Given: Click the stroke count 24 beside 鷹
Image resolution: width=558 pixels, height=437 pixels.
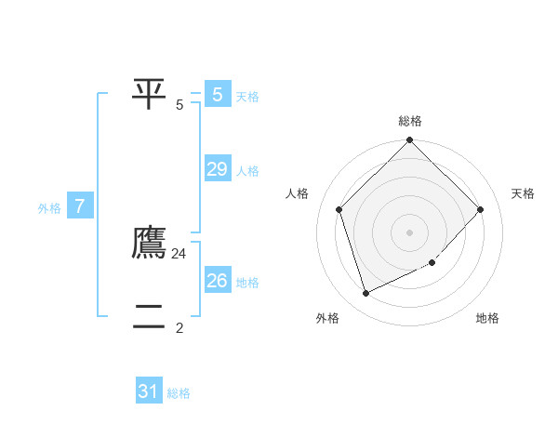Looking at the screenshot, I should click(179, 253).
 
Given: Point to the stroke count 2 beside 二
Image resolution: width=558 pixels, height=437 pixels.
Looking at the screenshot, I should click(179, 327).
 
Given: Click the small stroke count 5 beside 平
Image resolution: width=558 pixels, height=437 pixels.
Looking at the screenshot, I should click(179, 104).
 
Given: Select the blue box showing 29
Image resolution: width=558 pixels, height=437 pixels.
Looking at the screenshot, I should click(218, 169).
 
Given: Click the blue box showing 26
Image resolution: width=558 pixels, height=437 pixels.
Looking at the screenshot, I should click(218, 281).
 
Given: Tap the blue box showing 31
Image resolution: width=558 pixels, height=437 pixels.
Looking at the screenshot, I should click(149, 391).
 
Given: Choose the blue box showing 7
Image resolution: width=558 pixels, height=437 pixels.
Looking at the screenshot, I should click(80, 206).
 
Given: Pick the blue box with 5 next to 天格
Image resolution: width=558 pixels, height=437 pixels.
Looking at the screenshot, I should click(218, 95).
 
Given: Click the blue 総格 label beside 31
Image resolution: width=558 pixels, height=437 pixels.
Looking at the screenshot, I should click(179, 393).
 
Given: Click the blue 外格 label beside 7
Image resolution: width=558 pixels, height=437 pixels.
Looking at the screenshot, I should click(49, 208).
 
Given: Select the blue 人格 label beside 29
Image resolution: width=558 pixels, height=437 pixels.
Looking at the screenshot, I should click(247, 171).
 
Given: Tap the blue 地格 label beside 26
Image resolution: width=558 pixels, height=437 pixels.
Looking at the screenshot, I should click(247, 283).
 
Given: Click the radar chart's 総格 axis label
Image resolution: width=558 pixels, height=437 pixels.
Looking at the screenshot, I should click(410, 121).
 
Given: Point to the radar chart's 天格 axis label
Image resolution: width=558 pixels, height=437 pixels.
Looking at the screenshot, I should click(524, 193).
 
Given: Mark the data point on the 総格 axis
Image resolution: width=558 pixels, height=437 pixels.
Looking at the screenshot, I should click(410, 140).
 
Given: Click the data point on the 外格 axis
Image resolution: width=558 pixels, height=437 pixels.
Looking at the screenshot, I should click(366, 294).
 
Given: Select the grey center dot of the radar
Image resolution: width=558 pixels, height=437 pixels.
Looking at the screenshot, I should click(410, 232).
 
